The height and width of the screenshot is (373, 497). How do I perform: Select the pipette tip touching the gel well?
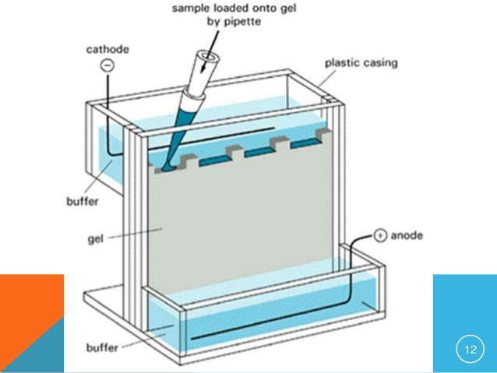(167, 164)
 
